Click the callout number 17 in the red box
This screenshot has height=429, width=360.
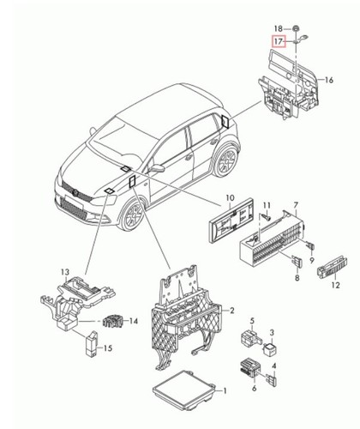[277, 40]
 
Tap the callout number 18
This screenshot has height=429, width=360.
[277, 28]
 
